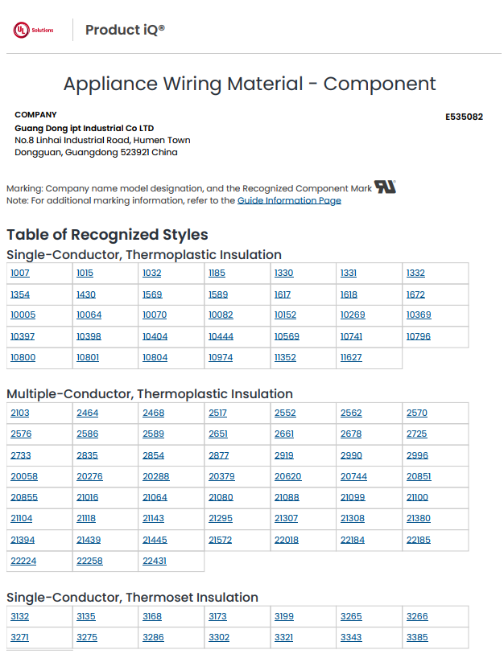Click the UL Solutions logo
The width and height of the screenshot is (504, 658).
click(33, 30)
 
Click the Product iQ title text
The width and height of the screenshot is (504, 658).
click(125, 30)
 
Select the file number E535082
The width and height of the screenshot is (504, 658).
click(464, 117)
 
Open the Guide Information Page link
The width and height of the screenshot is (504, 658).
click(289, 200)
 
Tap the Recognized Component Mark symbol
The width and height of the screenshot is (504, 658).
click(386, 187)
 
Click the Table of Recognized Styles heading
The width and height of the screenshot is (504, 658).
click(107, 235)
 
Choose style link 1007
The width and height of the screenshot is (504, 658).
click(20, 273)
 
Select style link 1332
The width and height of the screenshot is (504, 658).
click(415, 273)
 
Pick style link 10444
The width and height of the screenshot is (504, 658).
click(221, 336)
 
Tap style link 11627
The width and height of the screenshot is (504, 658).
click(351, 357)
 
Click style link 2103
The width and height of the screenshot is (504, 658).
click(20, 413)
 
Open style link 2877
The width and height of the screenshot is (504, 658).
click(218, 455)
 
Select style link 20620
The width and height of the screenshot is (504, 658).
click(287, 476)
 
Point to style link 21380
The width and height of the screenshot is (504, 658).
click(418, 519)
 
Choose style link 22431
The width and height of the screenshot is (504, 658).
click(155, 561)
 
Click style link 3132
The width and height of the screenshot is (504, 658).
click(20, 616)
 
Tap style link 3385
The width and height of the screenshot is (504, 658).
click(417, 637)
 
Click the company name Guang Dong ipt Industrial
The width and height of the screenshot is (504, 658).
click(84, 128)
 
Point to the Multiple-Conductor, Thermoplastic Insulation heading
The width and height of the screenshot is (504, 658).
click(150, 394)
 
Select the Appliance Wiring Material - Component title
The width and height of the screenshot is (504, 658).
click(250, 84)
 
